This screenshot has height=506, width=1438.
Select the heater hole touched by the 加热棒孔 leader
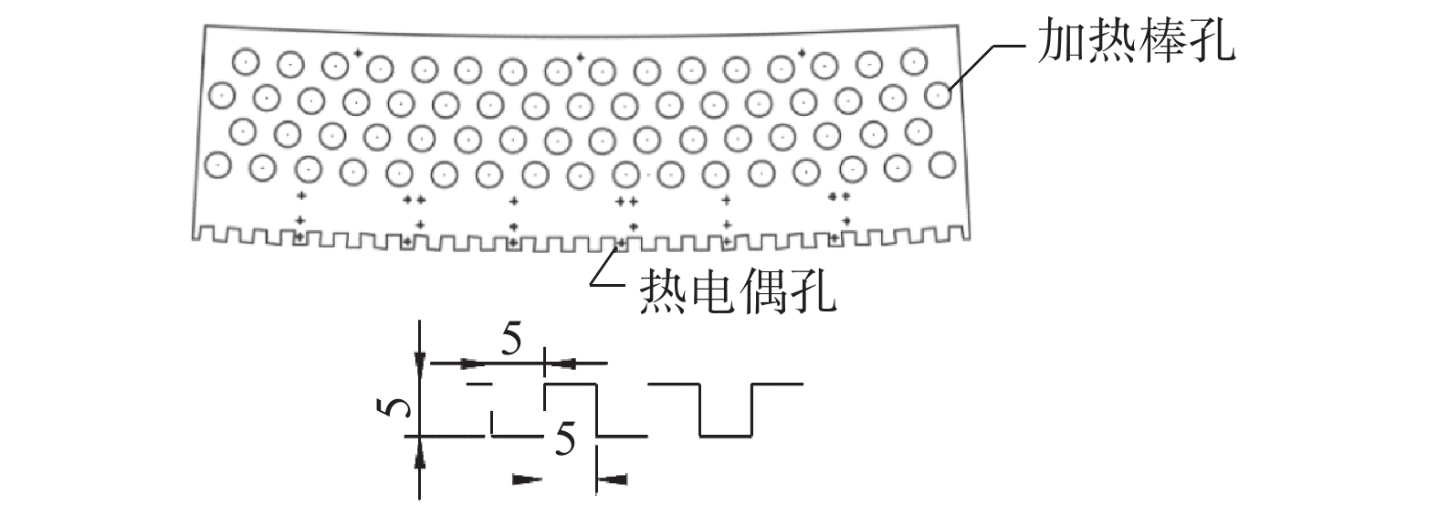(937, 94)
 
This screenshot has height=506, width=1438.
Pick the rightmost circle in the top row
(910, 62)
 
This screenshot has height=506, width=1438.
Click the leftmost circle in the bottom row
(218, 166)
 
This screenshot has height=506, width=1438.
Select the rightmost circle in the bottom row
(941, 164)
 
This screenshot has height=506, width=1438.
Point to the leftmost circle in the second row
(222, 93)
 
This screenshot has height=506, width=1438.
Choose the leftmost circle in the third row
(241, 132)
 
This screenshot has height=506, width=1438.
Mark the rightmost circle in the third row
(916, 130)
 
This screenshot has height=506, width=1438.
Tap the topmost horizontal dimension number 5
(511, 341)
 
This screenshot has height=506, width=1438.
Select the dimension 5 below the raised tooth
(566, 442)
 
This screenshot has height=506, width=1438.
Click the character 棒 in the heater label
(1161, 41)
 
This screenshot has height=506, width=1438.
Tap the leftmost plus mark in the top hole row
(357, 53)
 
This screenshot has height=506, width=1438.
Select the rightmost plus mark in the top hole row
(802, 53)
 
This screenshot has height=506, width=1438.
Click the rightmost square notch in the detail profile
(726, 411)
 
